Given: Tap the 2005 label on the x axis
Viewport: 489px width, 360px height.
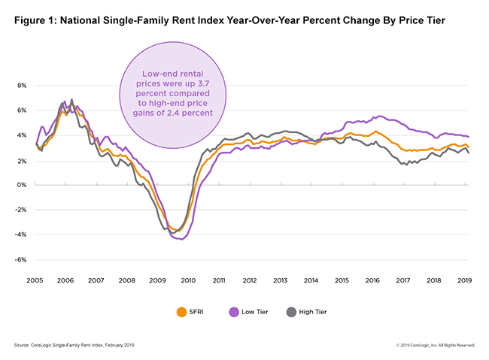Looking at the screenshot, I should (x=35, y=281).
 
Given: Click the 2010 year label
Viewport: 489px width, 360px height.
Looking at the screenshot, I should (x=187, y=281).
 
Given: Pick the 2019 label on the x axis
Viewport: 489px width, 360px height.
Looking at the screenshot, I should (x=463, y=281).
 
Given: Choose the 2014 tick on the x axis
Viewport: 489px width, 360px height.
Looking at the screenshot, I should (x=310, y=281).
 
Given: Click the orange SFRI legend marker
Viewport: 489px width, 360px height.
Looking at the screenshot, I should (x=181, y=312).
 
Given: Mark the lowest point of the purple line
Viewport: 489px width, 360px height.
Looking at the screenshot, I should (x=182, y=239).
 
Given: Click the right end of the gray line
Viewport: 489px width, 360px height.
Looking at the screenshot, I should (x=470, y=153).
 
